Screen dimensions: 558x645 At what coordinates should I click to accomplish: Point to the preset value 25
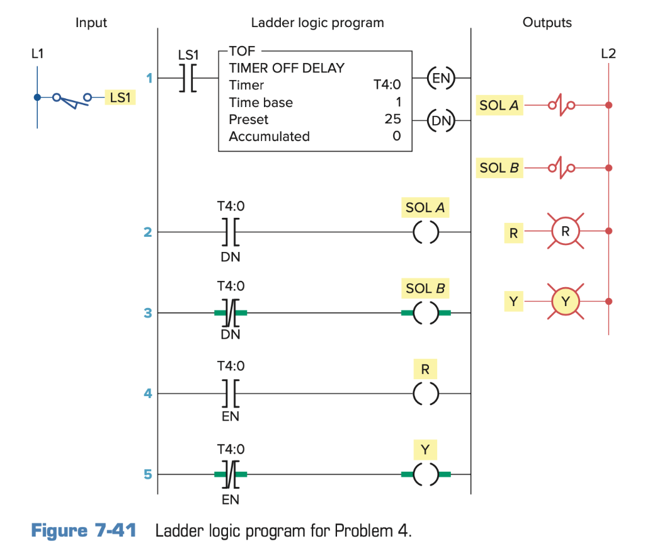tap(392, 119)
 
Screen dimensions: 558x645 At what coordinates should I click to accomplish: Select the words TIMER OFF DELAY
tap(287, 68)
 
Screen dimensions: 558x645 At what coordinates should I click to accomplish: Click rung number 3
tap(147, 313)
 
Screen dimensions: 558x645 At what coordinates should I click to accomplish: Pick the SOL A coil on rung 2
tap(425, 232)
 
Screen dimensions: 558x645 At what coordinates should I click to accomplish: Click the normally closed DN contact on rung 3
tap(231, 313)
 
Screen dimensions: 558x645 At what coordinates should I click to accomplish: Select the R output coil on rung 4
tap(425, 394)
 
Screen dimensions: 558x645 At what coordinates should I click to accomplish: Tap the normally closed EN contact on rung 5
tap(231, 475)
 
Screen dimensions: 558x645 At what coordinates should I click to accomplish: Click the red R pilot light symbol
tap(565, 232)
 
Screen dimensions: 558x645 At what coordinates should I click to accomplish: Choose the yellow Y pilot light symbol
tap(565, 302)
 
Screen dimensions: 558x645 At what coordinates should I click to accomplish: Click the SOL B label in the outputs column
tap(499, 168)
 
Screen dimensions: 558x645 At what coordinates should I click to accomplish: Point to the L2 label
tap(608, 55)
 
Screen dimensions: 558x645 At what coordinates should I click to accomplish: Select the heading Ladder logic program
tap(317, 23)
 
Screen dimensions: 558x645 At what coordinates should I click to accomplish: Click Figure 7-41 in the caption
tap(84, 530)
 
